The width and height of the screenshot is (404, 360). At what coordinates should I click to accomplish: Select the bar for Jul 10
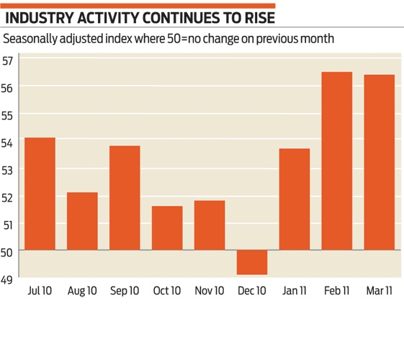click(x=40, y=194)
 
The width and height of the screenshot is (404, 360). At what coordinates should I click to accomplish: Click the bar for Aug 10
click(x=82, y=221)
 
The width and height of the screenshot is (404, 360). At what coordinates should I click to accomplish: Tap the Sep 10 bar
click(x=125, y=198)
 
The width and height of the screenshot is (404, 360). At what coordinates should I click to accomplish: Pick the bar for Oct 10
click(x=167, y=228)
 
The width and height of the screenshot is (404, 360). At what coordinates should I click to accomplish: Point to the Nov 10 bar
click(x=210, y=225)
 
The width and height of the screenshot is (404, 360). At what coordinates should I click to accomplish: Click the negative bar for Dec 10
click(x=252, y=262)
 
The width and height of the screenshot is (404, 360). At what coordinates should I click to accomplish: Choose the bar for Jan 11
click(x=295, y=199)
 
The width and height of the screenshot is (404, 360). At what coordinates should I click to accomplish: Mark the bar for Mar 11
click(x=380, y=162)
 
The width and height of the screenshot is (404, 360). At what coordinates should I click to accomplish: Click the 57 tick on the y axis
click(x=8, y=60)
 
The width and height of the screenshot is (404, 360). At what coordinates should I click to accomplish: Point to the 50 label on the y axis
click(x=8, y=251)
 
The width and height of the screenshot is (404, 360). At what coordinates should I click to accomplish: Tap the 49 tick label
click(x=8, y=278)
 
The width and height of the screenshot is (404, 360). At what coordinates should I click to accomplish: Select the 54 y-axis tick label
click(x=8, y=142)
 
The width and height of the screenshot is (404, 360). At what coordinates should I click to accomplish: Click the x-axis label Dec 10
click(x=252, y=291)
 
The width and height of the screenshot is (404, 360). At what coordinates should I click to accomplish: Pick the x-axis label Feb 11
click(x=337, y=291)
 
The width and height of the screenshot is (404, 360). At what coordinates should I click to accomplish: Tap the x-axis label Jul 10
click(x=40, y=291)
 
